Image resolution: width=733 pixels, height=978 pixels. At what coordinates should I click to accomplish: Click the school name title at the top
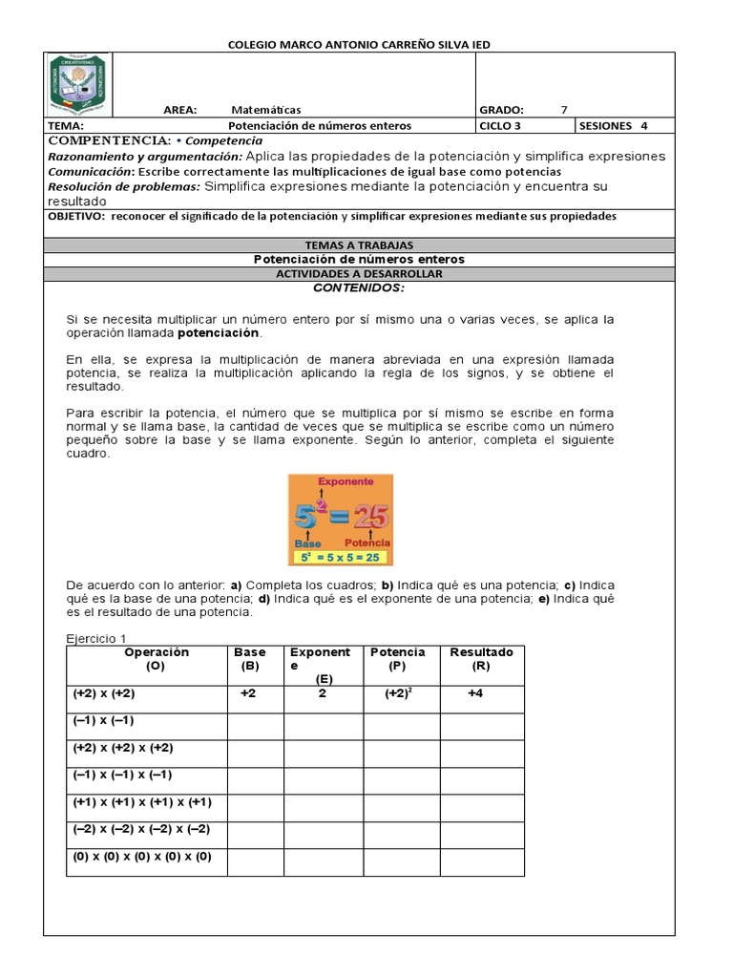[x=361, y=44]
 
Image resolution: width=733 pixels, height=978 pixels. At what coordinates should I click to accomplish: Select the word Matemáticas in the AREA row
[x=265, y=110]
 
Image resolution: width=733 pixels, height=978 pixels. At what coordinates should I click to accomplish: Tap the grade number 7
[x=563, y=110]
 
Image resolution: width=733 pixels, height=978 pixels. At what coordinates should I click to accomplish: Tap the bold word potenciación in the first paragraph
[x=219, y=333]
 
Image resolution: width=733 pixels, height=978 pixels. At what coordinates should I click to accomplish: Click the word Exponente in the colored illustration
[x=345, y=482]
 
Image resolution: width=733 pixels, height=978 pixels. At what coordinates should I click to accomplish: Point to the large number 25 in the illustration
[x=367, y=517]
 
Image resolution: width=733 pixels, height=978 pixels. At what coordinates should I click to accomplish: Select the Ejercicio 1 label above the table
[x=95, y=638]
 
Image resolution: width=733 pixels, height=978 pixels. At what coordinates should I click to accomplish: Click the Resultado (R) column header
[x=481, y=659]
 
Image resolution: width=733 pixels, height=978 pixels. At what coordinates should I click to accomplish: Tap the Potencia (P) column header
[x=398, y=659]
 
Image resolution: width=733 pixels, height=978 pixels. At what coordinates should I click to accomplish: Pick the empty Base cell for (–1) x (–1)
[x=255, y=726]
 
